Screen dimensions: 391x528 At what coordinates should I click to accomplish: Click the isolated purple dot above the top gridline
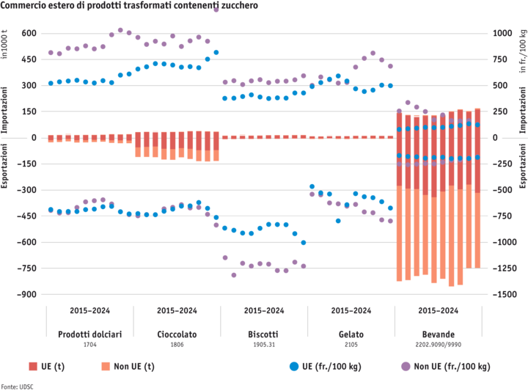point(216,10)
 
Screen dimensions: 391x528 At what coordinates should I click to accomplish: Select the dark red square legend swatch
point(33,365)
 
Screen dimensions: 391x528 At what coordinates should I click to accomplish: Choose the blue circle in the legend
point(295,365)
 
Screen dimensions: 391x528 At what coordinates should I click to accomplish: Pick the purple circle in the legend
point(405,365)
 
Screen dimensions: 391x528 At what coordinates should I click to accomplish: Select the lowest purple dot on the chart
point(234,275)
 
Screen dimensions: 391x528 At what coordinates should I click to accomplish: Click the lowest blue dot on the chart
point(304,242)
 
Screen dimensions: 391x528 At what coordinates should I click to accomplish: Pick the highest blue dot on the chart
point(216,53)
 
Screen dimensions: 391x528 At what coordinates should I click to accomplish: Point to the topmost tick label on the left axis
point(29,34)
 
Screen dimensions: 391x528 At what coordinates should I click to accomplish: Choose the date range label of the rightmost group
point(438,310)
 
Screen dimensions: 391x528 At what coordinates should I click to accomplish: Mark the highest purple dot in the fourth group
point(373,53)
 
